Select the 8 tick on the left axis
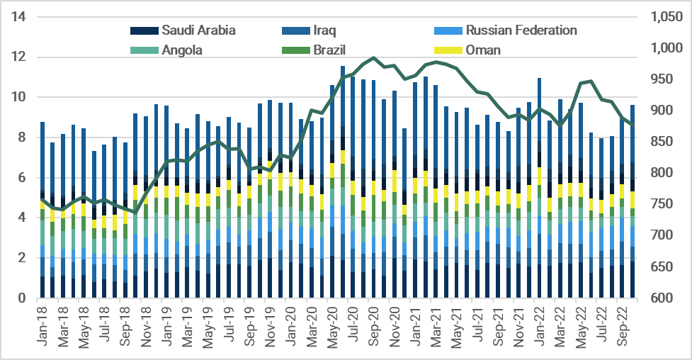tap(23, 137)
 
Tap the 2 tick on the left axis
tap(23, 258)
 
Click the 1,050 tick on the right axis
tap(662, 17)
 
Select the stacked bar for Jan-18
tap(42, 213)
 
